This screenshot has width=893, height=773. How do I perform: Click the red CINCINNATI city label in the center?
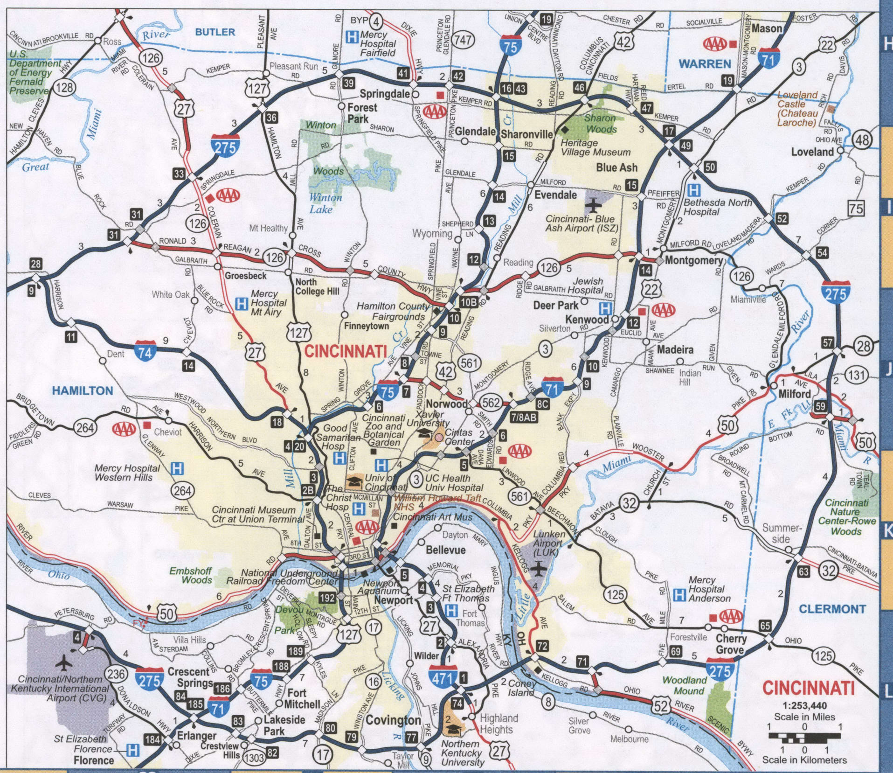pos(346,351)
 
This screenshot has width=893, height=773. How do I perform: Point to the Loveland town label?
pos(812,152)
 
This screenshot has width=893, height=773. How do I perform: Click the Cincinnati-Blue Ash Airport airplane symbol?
pos(593,204)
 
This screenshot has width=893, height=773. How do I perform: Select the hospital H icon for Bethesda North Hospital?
pos(694,190)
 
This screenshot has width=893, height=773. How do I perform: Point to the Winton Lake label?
pos(326,203)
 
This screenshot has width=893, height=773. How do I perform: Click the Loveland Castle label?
pos(797,108)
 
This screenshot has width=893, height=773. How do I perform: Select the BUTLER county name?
pos(215,32)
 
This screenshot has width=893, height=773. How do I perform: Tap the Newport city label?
pos(394,600)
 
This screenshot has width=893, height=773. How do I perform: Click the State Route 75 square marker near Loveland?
pos(856,208)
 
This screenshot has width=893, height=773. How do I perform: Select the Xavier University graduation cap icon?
pos(424,432)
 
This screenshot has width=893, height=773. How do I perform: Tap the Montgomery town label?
pos(693,260)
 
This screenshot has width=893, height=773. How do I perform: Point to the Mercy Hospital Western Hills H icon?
pos(177,468)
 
